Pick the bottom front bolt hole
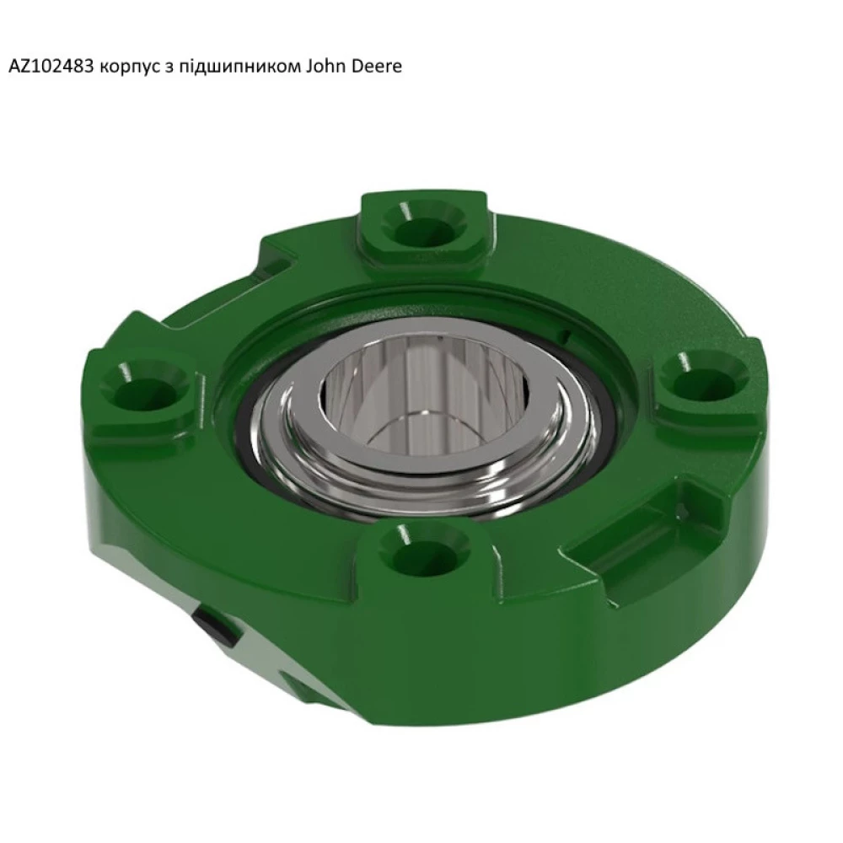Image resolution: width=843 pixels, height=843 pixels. [416, 550]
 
